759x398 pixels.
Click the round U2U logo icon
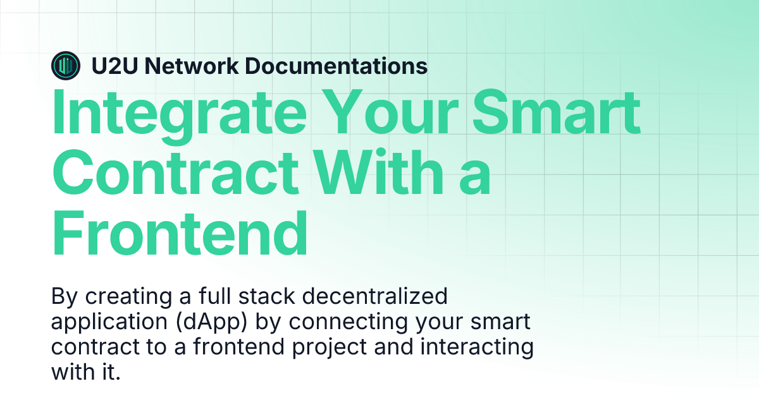(66, 65)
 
